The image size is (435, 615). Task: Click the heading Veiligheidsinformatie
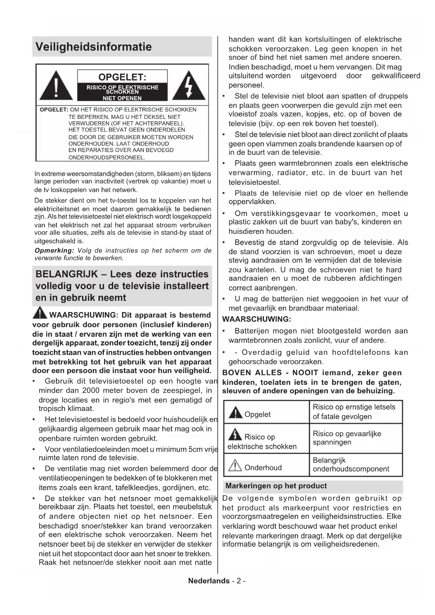(x=94, y=47)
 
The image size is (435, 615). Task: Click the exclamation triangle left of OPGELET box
(x=56, y=86)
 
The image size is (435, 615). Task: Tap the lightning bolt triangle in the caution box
(x=189, y=86)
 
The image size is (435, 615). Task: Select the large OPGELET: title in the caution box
(x=122, y=77)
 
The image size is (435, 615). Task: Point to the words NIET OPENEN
(x=122, y=99)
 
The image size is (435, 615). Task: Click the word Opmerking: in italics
(x=54, y=251)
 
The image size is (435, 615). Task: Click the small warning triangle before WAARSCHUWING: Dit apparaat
(x=40, y=312)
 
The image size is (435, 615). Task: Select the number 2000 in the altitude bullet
(x=91, y=391)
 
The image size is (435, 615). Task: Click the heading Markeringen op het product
(x=276, y=486)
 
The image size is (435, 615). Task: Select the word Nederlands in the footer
(x=209, y=581)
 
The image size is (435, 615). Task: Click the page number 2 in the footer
(x=238, y=581)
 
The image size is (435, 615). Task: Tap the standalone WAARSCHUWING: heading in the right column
(x=257, y=319)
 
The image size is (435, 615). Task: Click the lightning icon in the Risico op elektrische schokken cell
(x=235, y=435)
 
